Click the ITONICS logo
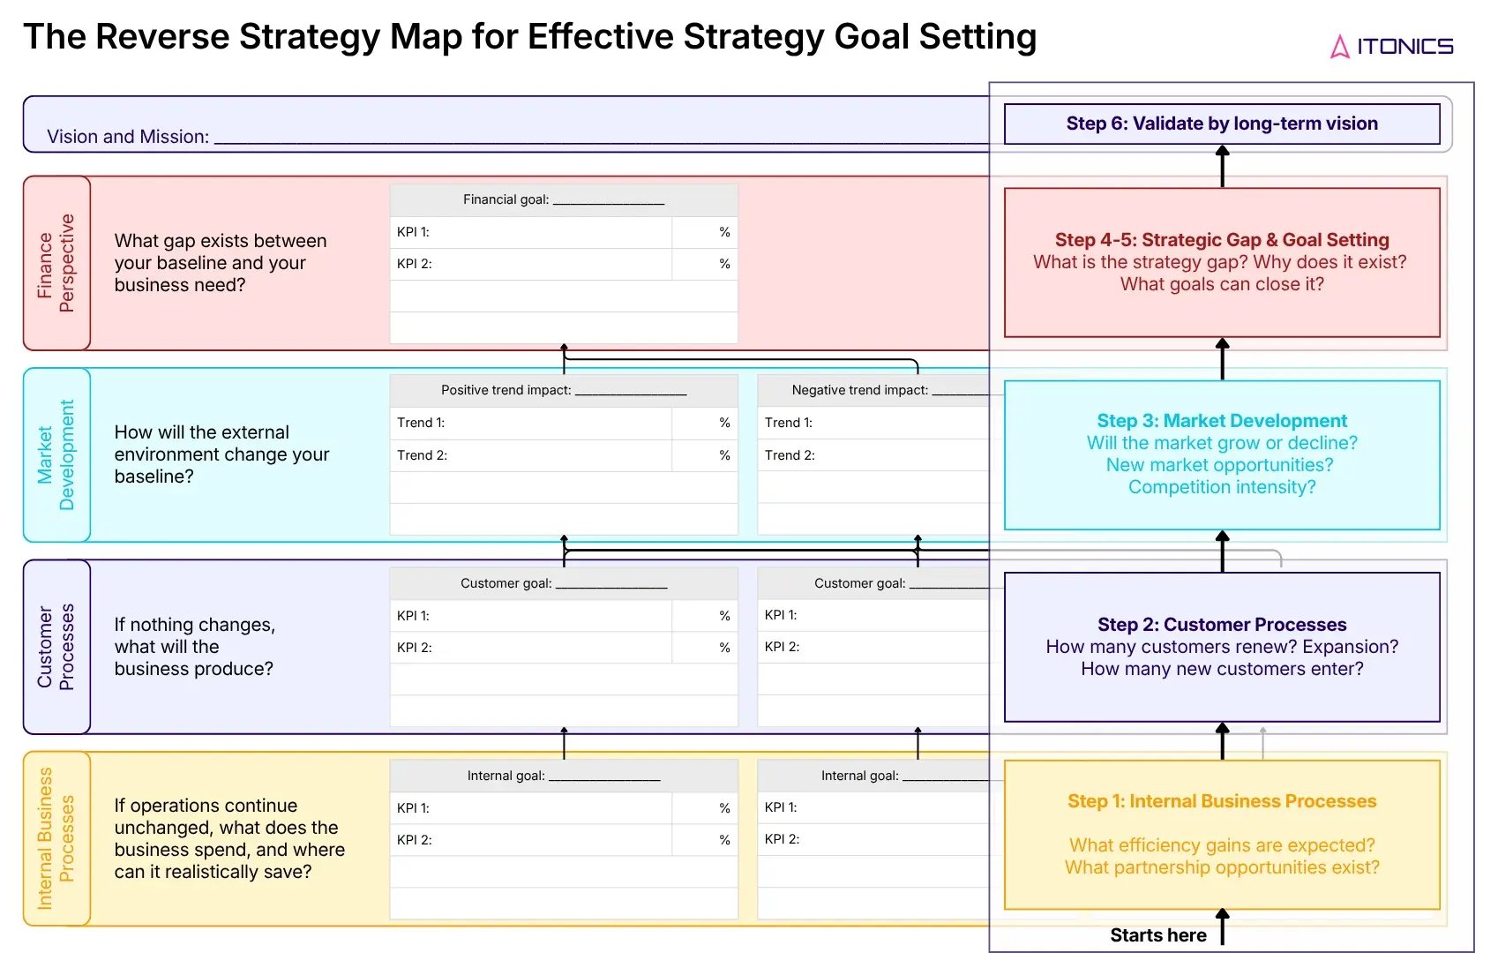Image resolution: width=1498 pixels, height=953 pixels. pyautogui.click(x=1391, y=46)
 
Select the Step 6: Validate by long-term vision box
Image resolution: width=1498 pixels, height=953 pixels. pyautogui.click(x=1222, y=124)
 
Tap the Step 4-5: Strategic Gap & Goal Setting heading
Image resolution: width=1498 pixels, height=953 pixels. pyautogui.click(x=1222, y=240)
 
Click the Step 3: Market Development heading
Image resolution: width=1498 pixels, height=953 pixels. pyautogui.click(x=1222, y=421)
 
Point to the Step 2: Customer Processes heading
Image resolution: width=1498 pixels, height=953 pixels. pyautogui.click(x=1222, y=625)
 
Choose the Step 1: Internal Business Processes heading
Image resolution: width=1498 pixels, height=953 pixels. pyautogui.click(x=1222, y=801)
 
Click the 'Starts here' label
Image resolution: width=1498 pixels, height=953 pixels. pyautogui.click(x=1157, y=935)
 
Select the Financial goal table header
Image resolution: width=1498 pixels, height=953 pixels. pyautogui.click(x=563, y=200)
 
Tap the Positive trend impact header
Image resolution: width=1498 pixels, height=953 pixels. pyautogui.click(x=563, y=390)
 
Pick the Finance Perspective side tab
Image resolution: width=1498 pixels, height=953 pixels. pyautogui.click(x=56, y=263)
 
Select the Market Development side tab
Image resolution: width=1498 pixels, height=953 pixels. pyautogui.click(x=56, y=454)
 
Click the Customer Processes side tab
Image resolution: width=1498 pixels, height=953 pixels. pyautogui.click(x=56, y=647)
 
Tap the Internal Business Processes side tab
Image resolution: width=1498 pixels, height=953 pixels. pyautogui.click(x=56, y=838)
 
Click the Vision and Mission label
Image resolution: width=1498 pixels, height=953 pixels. pyautogui.click(x=128, y=137)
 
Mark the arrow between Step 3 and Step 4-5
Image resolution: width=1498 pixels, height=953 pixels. pyautogui.click(x=1222, y=358)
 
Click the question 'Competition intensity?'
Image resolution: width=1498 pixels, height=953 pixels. pyautogui.click(x=1222, y=487)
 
